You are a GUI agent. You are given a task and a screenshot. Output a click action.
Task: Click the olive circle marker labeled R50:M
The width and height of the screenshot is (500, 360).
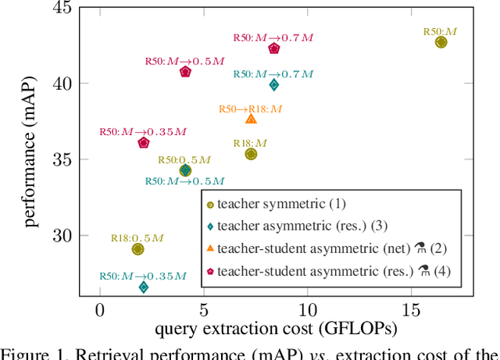[441, 42]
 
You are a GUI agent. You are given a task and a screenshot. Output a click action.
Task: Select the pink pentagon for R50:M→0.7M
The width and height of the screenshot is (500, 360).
[274, 48]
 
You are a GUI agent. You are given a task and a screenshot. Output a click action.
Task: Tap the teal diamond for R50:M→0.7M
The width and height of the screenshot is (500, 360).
[274, 84]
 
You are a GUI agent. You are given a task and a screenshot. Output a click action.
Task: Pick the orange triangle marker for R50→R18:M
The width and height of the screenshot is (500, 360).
[251, 119]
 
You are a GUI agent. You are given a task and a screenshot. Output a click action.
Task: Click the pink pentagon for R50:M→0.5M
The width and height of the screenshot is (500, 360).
[185, 72]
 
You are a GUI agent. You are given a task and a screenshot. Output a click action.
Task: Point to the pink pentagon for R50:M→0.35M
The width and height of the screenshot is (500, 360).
[144, 143]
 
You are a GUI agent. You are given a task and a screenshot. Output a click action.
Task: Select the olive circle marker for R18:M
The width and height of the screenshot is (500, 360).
[251, 154]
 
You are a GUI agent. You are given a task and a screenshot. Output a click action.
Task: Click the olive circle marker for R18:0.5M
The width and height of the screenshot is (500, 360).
[137, 249]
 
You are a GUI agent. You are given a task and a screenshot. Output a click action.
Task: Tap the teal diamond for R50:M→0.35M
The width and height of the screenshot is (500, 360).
[144, 287]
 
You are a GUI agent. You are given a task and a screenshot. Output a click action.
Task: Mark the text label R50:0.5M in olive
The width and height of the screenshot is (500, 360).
[184, 159]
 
